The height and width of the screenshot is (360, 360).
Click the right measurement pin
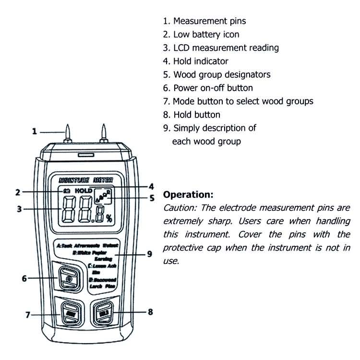coord(103,132)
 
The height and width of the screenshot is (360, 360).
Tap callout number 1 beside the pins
coord(34,131)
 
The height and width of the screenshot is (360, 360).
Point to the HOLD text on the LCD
coord(83,191)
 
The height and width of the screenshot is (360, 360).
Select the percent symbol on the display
coord(109,218)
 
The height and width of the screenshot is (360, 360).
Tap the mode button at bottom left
coord(70,313)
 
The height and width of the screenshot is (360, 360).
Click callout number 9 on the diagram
coord(149,254)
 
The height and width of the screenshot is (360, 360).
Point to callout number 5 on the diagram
coord(152,197)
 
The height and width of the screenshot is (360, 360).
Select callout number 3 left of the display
coord(19,209)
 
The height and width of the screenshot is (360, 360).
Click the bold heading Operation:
coord(188,195)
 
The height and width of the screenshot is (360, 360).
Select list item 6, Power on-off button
coord(208,88)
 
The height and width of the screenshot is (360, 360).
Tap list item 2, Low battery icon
coord(201,34)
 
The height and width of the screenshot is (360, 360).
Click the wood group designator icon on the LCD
coord(103,196)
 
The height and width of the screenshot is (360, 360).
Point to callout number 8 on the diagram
coord(150,312)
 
